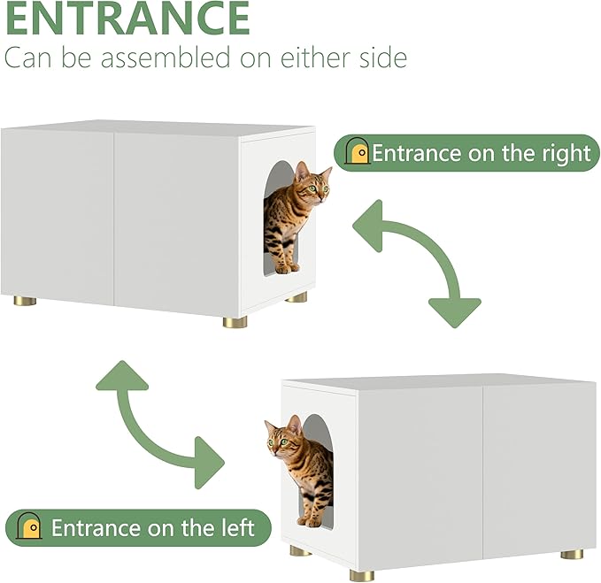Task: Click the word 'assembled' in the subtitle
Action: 166,58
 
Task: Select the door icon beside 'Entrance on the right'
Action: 357,150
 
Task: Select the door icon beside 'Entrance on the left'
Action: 29,525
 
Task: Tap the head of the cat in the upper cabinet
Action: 312,184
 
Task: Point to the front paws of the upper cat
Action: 288,268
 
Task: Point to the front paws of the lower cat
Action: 310,521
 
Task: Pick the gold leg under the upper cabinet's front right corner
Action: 235,322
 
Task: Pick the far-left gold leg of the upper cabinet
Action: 26,301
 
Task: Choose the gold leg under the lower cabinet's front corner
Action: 362,575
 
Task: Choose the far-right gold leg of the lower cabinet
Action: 572,554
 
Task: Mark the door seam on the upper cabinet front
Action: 114,219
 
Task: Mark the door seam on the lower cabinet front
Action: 483,472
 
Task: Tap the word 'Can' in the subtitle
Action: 27,58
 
